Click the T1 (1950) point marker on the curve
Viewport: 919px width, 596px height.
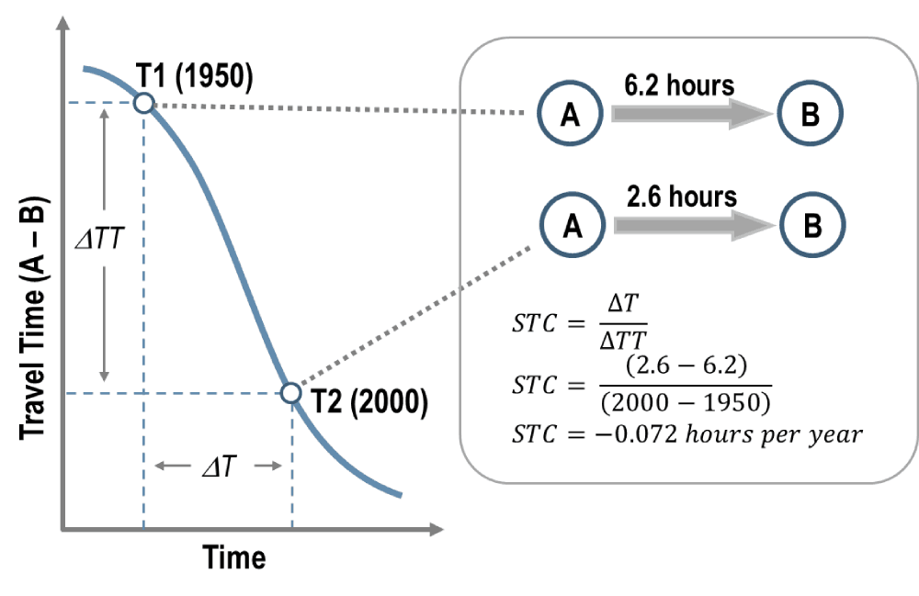143,103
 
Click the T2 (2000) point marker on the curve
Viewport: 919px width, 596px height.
290,393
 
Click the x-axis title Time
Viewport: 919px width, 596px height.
234,557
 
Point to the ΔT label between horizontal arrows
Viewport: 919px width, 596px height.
218,466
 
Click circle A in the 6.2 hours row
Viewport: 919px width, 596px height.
570,114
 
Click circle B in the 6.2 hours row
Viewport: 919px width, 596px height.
811,114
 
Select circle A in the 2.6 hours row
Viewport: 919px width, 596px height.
570,226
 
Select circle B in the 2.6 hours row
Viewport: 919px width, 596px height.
811,226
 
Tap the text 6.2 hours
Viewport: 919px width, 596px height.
679,85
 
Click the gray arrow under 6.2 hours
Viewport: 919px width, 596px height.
689,114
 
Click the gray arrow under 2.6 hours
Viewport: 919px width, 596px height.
689,226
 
